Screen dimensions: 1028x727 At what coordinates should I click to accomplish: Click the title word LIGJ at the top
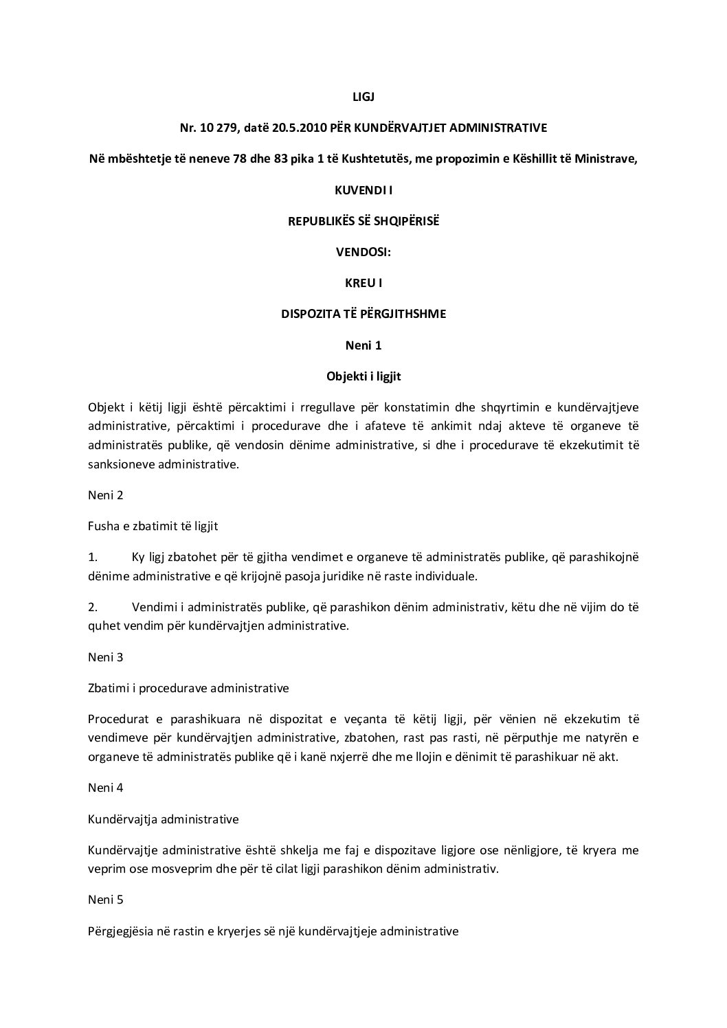[363, 97]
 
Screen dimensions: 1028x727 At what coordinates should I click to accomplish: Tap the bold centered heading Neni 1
[363, 345]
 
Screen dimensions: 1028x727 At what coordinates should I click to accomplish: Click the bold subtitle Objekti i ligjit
[363, 376]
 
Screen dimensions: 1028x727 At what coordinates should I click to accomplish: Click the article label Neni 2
[106, 495]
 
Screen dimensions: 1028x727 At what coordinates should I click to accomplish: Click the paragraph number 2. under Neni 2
[93, 607]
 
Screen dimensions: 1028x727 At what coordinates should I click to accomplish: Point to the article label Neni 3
[106, 656]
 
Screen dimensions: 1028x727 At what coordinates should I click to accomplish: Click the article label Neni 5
[106, 899]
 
